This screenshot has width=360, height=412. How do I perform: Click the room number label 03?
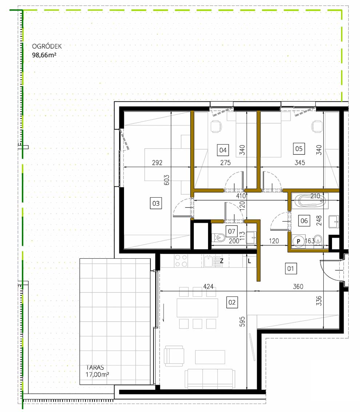(156, 203)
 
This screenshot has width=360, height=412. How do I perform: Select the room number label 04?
(222, 149)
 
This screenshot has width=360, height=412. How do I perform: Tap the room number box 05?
(299, 149)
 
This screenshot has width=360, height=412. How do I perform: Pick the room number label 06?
(304, 220)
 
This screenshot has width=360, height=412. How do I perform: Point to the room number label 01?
(291, 269)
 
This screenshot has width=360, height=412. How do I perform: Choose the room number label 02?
(232, 302)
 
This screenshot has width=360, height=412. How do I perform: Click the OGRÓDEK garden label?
(47, 47)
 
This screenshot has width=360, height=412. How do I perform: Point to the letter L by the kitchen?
(249, 260)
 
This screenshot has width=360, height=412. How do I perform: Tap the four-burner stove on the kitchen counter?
(181, 260)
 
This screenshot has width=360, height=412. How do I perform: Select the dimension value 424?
(208, 287)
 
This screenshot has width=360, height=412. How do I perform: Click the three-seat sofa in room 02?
(209, 379)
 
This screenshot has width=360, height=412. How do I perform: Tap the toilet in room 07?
(219, 238)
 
